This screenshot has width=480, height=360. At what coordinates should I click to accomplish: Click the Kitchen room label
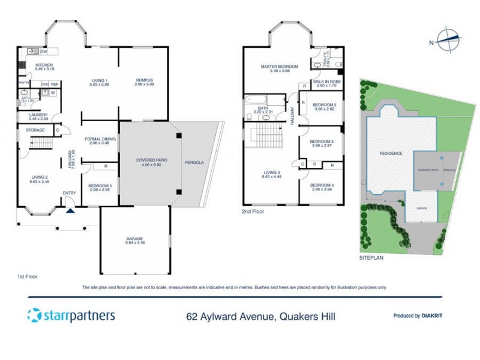pos(44,65)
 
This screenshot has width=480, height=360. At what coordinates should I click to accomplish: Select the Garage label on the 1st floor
pos(134,238)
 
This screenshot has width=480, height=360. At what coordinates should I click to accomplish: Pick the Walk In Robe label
pos(327,82)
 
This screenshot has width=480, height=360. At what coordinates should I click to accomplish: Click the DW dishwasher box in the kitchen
pos(44,52)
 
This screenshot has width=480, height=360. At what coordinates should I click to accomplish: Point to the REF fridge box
pos(54,85)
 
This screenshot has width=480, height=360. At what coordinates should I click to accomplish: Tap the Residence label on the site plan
pos(390,154)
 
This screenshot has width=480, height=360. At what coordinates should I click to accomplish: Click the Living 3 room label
pos(271,173)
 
